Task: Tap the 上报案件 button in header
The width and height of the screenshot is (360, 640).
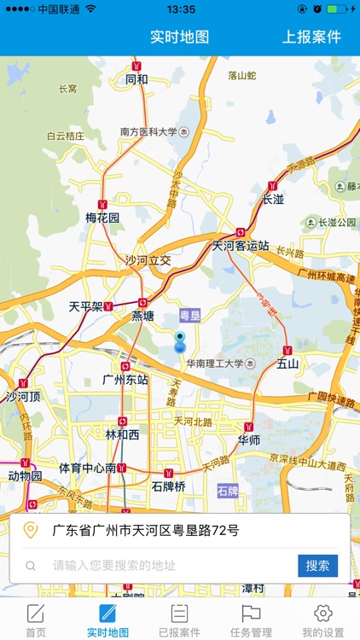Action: [311, 37]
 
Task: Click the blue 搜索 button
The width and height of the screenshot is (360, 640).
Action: [317, 566]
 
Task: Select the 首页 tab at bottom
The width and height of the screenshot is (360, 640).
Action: [35, 620]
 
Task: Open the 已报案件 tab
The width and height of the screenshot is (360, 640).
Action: [179, 620]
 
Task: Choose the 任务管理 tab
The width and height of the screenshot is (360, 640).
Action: [251, 620]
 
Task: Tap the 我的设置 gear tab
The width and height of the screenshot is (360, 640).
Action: [322, 620]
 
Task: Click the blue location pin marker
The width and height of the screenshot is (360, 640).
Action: [180, 342]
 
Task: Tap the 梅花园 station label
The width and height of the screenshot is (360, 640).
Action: [102, 218]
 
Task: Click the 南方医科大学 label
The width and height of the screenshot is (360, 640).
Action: [148, 132]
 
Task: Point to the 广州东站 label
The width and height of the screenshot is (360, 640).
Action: [125, 379]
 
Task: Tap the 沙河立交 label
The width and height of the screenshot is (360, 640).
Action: [148, 260]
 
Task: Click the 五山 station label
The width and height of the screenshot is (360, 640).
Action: [288, 364]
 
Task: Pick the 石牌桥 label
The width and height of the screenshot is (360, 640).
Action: [168, 486]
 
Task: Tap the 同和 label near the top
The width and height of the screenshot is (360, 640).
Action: [136, 80]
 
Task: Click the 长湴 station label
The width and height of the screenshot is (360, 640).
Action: [273, 200]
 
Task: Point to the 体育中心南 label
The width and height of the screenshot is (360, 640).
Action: [87, 468]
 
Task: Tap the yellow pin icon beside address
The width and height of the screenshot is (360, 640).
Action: [31, 531]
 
